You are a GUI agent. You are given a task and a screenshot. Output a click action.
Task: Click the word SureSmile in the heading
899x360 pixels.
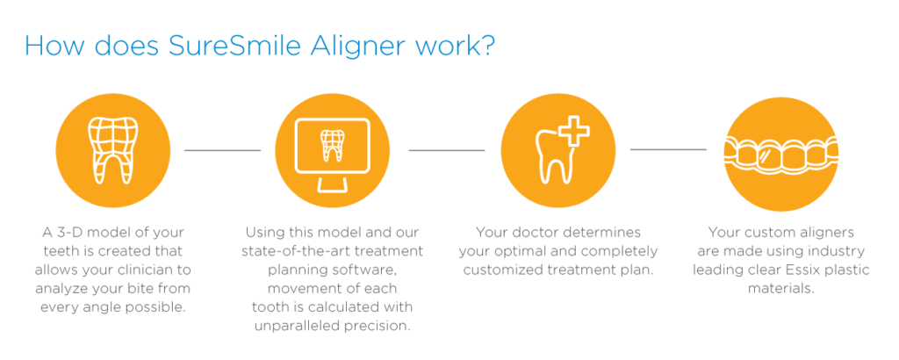pyautogui.click(x=235, y=46)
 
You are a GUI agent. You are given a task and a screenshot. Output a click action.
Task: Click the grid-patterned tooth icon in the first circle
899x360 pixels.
pyautogui.click(x=112, y=149)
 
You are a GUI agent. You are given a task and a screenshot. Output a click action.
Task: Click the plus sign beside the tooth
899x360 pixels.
pyautogui.click(x=574, y=133)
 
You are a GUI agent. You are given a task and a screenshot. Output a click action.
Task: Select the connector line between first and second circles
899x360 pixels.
pyautogui.click(x=222, y=150)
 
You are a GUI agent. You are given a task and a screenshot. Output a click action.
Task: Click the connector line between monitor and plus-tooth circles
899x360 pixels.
pyautogui.click(x=447, y=150)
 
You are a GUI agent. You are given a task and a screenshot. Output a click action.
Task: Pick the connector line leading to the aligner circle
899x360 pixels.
pyautogui.click(x=668, y=150)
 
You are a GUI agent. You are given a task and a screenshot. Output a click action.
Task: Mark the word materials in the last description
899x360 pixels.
pyautogui.click(x=780, y=288)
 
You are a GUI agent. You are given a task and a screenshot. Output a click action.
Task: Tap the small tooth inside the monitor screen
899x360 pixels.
pyautogui.click(x=333, y=145)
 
